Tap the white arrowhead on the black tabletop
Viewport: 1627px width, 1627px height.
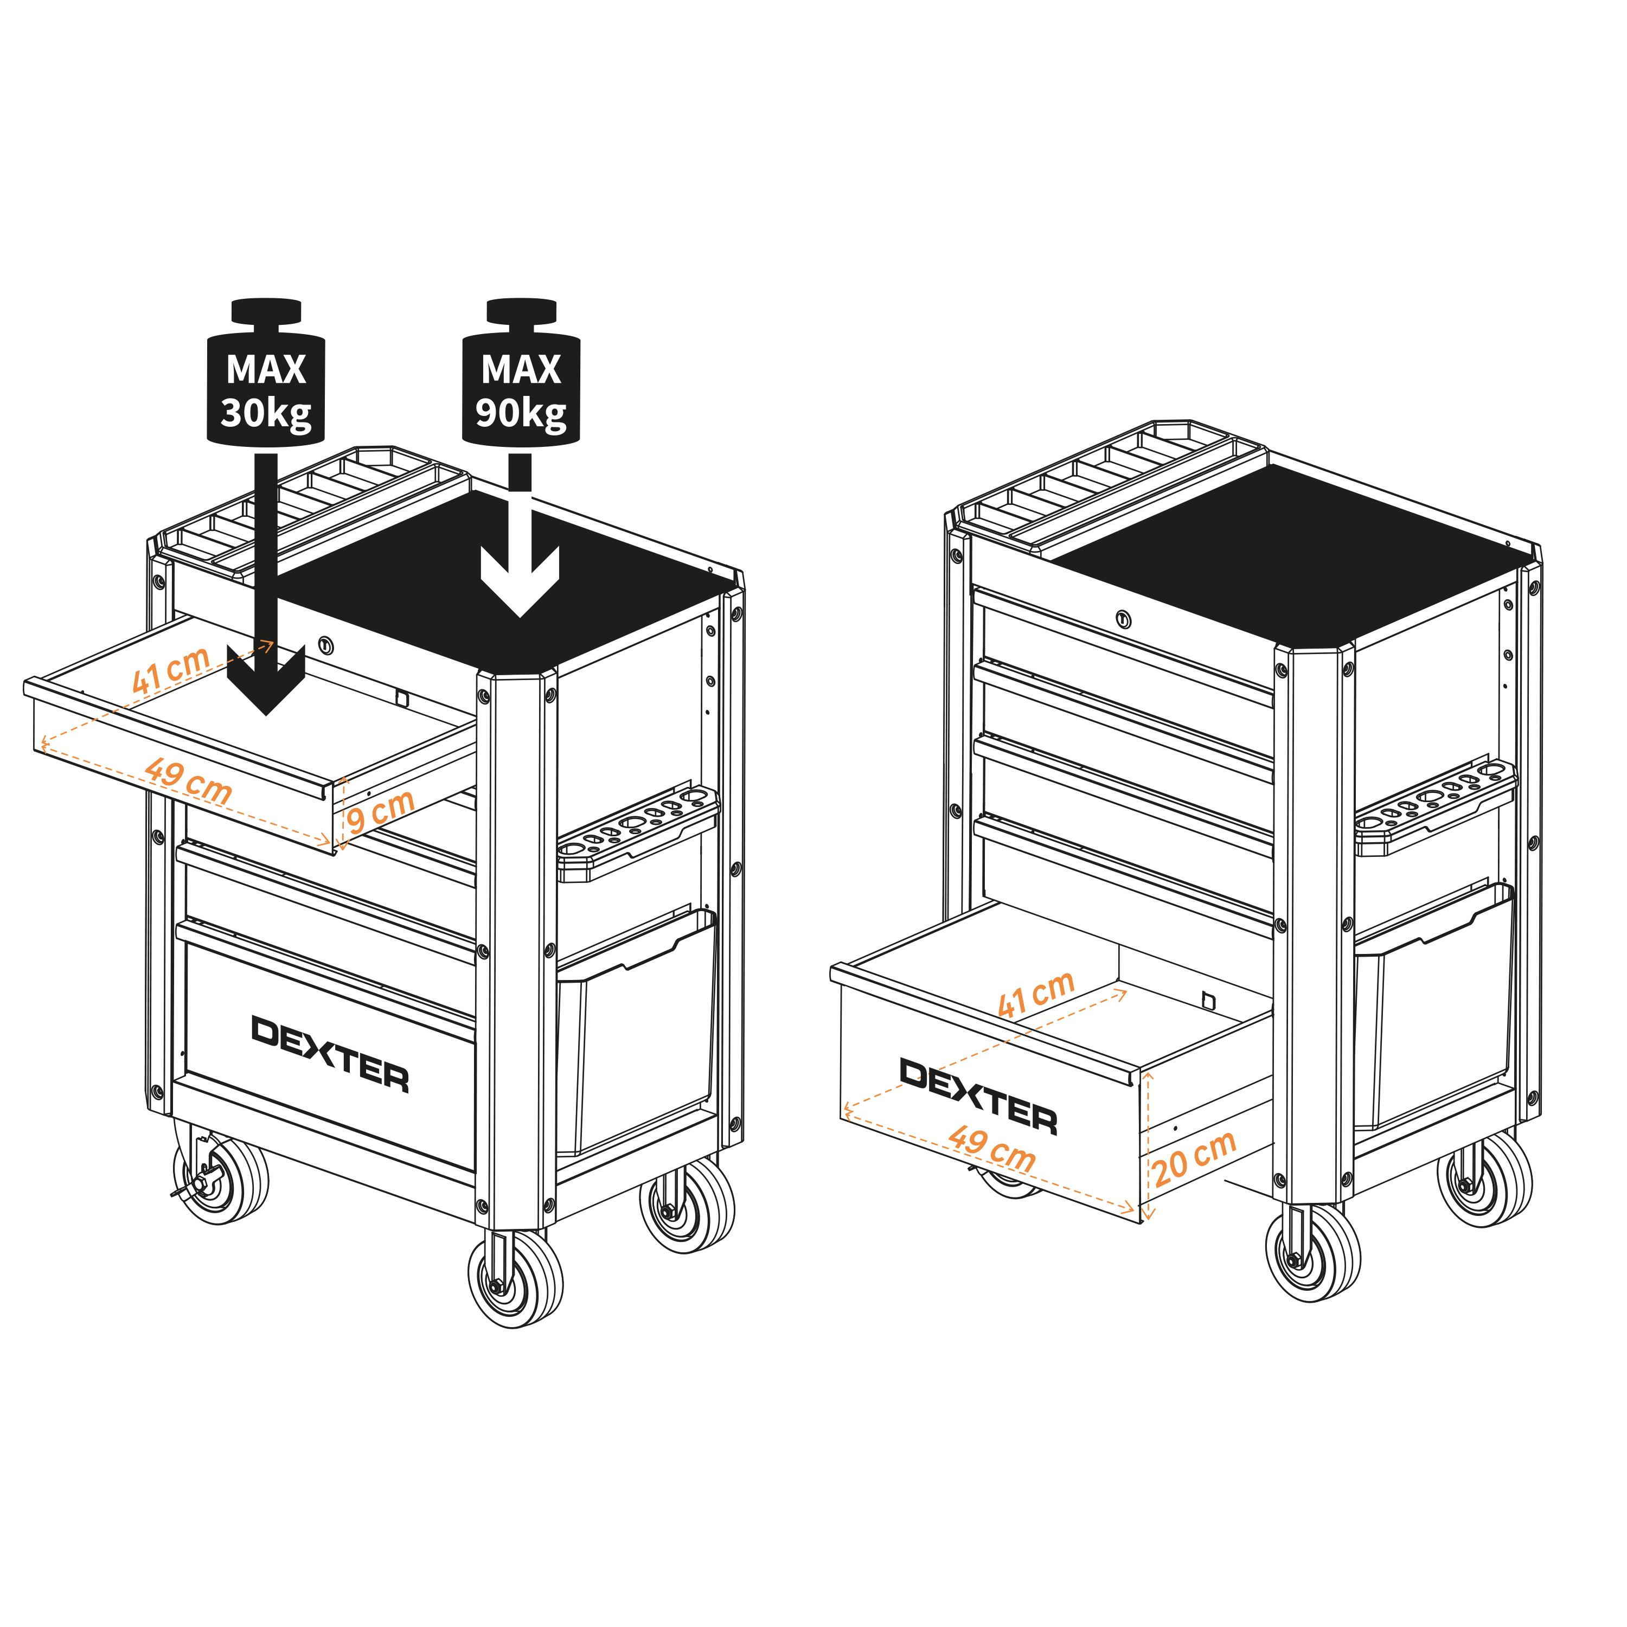click(520, 581)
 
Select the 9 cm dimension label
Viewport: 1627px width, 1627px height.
click(381, 810)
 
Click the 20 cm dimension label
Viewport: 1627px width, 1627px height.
click(1194, 1157)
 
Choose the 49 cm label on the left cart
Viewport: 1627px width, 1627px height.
click(188, 780)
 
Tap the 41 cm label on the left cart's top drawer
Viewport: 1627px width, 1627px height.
click(171, 669)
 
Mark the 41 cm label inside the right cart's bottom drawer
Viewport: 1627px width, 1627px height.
click(1036, 993)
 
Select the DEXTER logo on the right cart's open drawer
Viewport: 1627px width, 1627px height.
click(978, 1096)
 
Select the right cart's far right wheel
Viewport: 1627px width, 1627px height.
click(1485, 1179)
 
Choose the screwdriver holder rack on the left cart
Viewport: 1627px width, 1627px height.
click(637, 834)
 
